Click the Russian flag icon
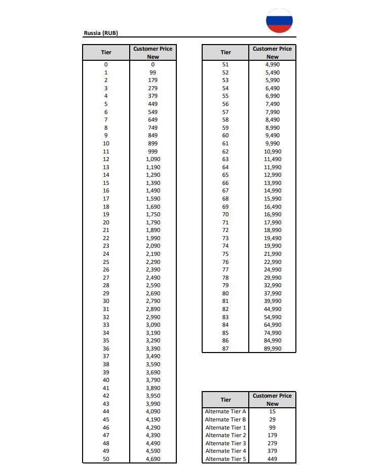pyautogui.click(x=279, y=21)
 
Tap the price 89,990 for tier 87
pyautogui.click(x=272, y=348)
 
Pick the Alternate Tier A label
pyautogui.click(x=225, y=411)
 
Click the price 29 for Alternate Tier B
pyautogui.click(x=272, y=419)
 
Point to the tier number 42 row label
pyautogui.click(x=106, y=396)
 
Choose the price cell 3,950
pyautogui.click(x=153, y=396)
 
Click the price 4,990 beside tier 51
pyautogui.click(x=272, y=64)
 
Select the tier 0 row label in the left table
pyautogui.click(x=106, y=64)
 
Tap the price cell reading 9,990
pyautogui.click(x=272, y=143)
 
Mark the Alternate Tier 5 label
pyautogui.click(x=225, y=459)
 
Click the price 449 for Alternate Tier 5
pyautogui.click(x=272, y=459)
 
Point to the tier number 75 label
pyautogui.click(x=225, y=254)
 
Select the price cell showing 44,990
pyautogui.click(x=272, y=309)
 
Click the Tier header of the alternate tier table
pyautogui.click(x=225, y=400)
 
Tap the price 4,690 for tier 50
pyautogui.click(x=153, y=459)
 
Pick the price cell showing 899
pyautogui.click(x=153, y=143)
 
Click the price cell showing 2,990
pyautogui.click(x=153, y=317)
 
